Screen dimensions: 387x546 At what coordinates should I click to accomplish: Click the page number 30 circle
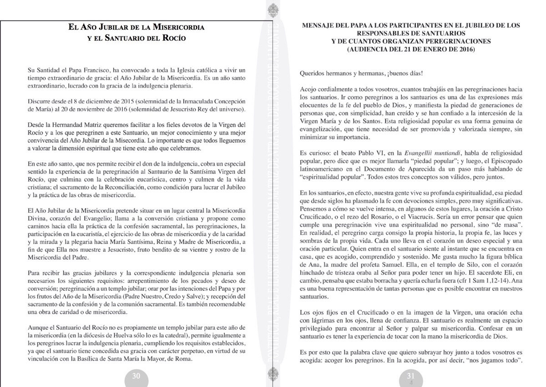tap(136, 376)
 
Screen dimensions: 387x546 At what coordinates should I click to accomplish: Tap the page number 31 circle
tap(411, 376)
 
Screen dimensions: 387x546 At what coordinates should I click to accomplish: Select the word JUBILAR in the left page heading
tap(119, 27)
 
